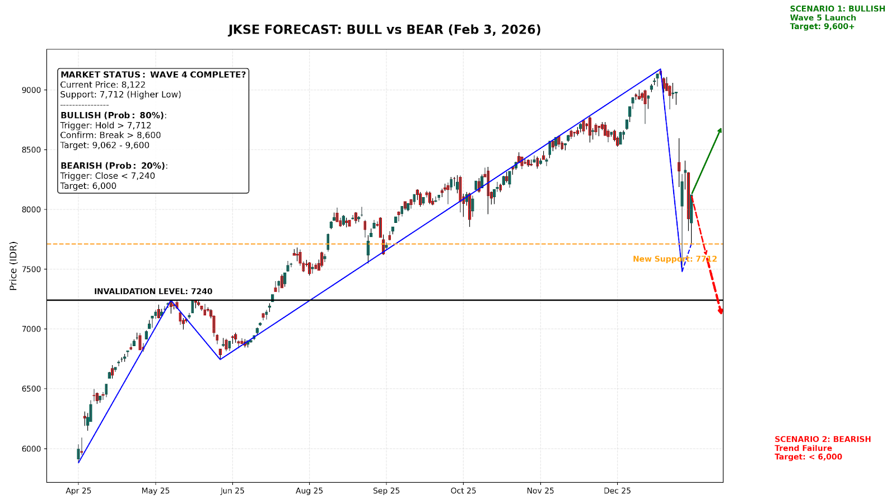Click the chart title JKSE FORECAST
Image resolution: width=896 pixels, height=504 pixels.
pos(385,30)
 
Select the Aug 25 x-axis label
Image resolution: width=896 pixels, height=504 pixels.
pos(309,491)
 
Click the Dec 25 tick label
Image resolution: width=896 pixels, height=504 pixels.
pos(617,491)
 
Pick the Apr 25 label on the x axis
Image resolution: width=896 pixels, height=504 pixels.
pos(78,491)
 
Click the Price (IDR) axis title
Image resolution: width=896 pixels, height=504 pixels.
pos(13,265)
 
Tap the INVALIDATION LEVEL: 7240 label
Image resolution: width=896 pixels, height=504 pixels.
pos(153,292)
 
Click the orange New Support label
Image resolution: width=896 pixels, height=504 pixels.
pos(674,259)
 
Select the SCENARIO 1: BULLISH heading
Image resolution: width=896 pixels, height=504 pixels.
pos(837,9)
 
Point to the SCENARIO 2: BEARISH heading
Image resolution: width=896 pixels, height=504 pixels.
pos(823,440)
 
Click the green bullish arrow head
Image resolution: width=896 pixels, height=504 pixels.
pos(720,130)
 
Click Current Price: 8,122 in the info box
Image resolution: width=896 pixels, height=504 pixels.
pos(103,85)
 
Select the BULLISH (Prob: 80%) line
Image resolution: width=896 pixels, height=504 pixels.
pos(113,115)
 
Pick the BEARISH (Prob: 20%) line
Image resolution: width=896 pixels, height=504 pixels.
pos(114,166)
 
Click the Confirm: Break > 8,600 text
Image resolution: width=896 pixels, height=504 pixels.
pos(110,136)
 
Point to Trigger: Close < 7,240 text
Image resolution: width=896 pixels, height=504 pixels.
pos(108,176)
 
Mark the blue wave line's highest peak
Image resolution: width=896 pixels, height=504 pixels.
pos(661,69)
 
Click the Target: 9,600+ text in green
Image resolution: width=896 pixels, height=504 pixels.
pos(822,26)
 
